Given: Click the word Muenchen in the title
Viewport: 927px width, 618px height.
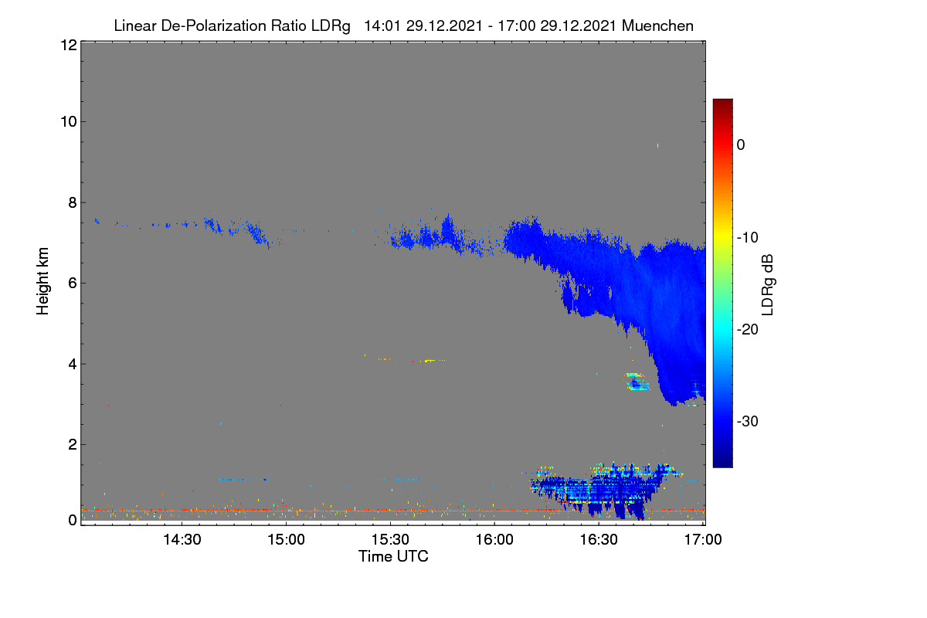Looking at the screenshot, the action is point(657,25).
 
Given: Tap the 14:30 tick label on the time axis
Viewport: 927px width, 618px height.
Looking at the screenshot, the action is point(182,540).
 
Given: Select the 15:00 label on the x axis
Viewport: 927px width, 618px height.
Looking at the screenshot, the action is point(287,540).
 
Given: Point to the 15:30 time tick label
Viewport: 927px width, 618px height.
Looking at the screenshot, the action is point(390,540).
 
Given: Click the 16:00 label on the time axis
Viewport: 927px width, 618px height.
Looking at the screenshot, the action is point(494,540).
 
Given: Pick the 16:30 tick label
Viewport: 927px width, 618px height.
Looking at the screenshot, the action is point(599,540).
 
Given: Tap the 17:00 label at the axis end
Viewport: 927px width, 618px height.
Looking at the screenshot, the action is point(703,540).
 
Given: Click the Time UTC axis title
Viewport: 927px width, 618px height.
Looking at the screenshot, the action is point(393,557).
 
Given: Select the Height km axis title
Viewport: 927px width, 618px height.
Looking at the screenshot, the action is point(42,281).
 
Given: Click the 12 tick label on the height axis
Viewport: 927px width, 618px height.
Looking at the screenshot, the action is point(69,45).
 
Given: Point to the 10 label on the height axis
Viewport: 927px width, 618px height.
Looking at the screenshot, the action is point(69,122).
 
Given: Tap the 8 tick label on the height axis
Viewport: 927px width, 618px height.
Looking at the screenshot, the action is point(73,203).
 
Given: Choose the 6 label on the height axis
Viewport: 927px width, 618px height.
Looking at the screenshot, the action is point(73,284).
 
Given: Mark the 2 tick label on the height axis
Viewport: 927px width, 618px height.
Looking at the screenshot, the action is point(73,444).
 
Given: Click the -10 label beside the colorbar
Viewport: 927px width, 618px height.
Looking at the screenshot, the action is point(748,238).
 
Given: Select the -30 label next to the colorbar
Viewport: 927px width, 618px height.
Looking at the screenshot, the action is point(748,421).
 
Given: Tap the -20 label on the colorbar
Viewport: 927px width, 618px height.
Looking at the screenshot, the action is point(748,330).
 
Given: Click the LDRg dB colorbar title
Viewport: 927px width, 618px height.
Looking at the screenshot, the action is point(768,285).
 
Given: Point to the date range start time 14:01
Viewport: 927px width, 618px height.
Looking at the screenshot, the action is point(382,26).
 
